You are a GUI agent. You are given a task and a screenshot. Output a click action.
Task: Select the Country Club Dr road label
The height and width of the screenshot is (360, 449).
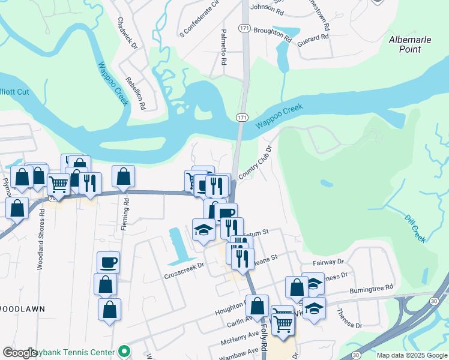pyautogui.click(x=256, y=163)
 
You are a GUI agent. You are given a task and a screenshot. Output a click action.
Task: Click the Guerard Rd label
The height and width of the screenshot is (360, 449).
pyautogui.click(x=314, y=37)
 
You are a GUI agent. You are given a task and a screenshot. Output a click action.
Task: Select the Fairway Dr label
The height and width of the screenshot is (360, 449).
pyautogui.click(x=328, y=262)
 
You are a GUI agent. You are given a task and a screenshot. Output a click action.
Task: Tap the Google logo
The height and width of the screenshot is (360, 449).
pyautogui.click(x=20, y=353)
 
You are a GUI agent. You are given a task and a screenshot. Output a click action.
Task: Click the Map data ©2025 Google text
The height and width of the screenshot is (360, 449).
pyautogui.click(x=411, y=355)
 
